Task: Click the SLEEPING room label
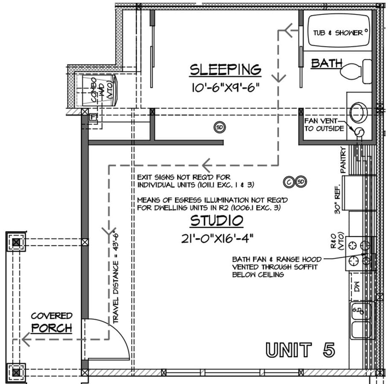click(225, 69)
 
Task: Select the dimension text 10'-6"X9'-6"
click(225, 88)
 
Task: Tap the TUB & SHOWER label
click(338, 33)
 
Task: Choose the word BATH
click(327, 64)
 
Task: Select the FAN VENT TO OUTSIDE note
click(324, 125)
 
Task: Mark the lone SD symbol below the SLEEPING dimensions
click(220, 127)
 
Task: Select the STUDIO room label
click(217, 221)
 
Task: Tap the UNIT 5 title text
click(300, 350)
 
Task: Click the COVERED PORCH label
click(52, 322)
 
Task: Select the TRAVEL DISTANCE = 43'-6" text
click(116, 277)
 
